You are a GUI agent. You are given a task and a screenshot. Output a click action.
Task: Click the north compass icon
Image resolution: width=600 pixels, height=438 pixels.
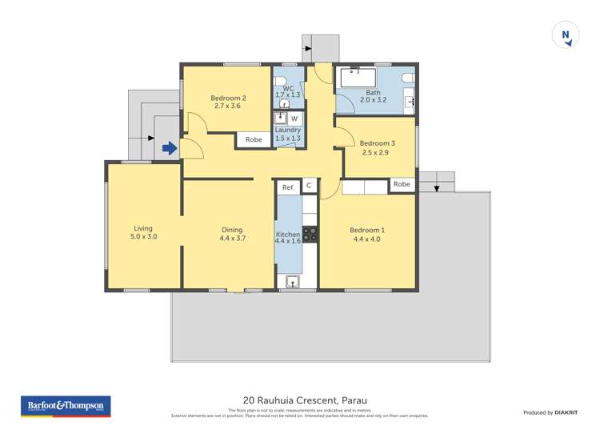tap(566, 35)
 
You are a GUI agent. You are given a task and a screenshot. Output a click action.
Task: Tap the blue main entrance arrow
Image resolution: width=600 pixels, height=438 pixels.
tap(169, 148)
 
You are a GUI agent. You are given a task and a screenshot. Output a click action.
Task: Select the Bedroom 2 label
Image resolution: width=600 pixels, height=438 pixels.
tap(230, 98)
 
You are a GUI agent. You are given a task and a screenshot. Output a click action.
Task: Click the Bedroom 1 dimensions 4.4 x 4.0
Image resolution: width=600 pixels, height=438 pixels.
tap(367, 239)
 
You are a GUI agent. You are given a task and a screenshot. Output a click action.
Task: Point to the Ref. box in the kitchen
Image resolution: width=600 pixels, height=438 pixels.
tap(288, 187)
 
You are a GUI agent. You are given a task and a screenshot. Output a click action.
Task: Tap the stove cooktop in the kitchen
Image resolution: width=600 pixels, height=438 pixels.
tap(310, 234)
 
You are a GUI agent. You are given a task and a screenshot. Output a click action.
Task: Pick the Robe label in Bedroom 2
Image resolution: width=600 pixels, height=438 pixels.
tap(254, 139)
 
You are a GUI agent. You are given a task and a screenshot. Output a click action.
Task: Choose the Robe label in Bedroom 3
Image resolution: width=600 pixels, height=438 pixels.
tap(402, 184)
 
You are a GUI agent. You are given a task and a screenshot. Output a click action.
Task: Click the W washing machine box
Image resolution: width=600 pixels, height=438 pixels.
tap(294, 119)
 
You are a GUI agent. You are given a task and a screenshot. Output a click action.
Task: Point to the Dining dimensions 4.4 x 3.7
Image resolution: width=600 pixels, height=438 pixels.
tap(232, 239)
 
